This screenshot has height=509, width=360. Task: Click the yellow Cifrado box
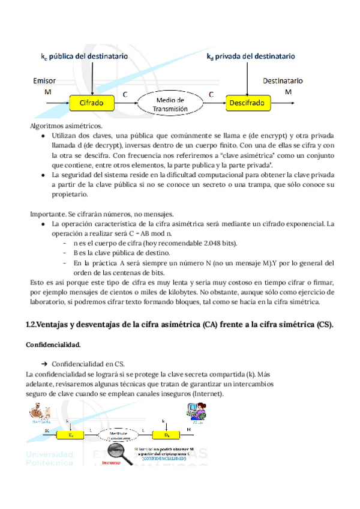[x=92, y=103]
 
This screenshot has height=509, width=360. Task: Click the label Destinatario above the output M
[x=283, y=80]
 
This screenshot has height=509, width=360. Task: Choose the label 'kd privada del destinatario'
[x=250, y=57]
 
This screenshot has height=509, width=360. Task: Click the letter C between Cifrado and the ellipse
[x=125, y=95]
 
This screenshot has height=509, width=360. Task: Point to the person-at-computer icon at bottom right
[x=196, y=412]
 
